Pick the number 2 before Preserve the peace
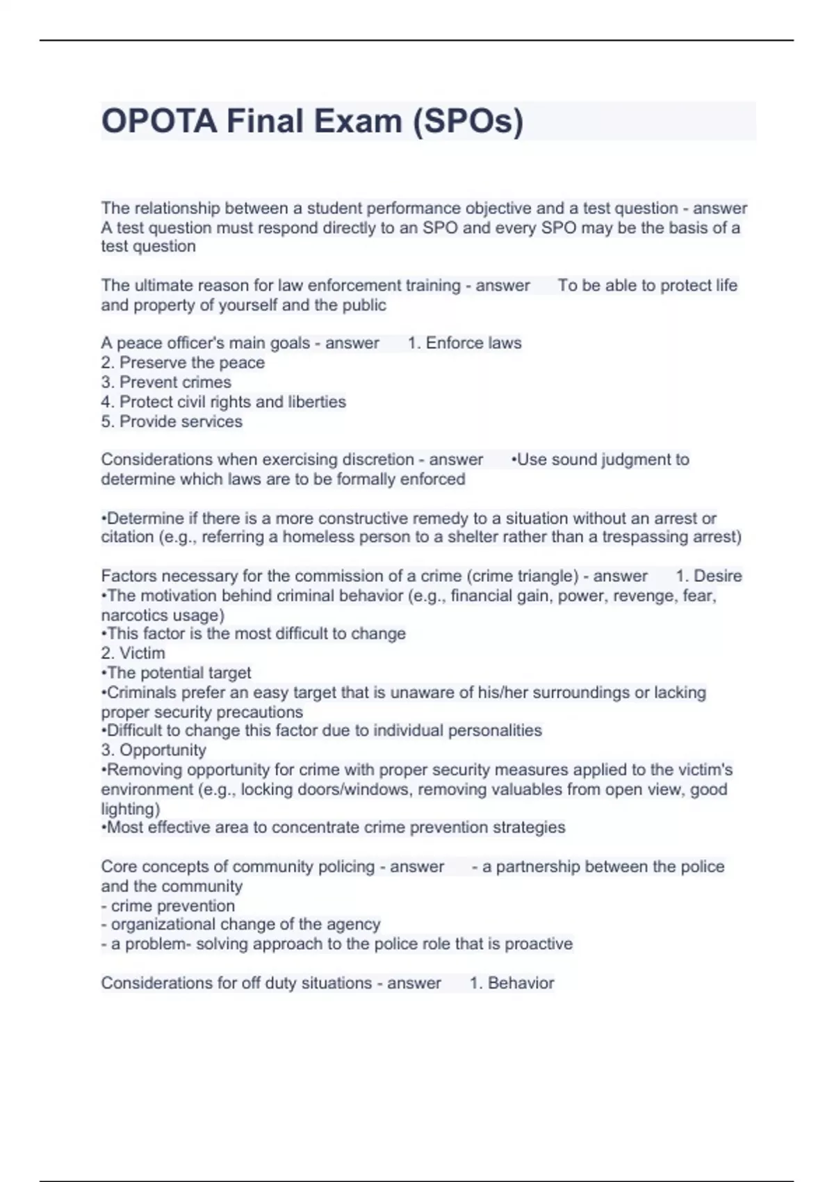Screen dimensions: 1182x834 tap(106, 362)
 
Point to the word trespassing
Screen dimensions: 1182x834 tap(647, 537)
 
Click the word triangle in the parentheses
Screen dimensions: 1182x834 tap(551, 576)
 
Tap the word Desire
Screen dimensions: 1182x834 tap(718, 576)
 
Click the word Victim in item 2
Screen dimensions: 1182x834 tap(142, 653)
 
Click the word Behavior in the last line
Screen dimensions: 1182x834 tap(521, 982)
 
